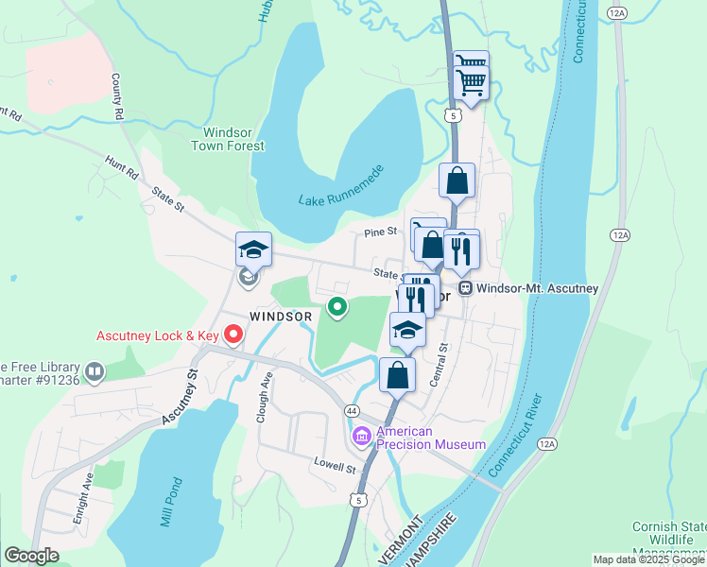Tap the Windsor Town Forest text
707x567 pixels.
[x=228, y=139]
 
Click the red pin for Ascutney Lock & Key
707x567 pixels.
[x=233, y=335]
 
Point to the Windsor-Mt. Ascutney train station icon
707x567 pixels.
[x=465, y=288]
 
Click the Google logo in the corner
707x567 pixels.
[x=31, y=556]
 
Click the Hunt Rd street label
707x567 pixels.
[x=122, y=168]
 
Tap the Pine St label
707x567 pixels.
[x=378, y=232]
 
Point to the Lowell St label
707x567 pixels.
[x=336, y=467]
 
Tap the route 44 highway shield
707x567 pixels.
[x=351, y=411]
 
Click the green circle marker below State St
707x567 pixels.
[x=336, y=306]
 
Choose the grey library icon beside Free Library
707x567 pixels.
[x=94, y=372]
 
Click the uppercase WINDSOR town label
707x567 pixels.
[x=281, y=316]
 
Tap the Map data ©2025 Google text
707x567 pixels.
[x=647, y=559]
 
